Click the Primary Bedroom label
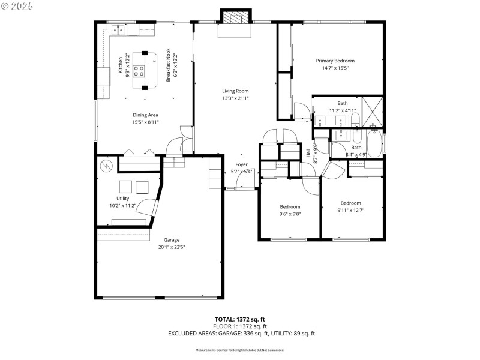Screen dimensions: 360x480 coord(335,61)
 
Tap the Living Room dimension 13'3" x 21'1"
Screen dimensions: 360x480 coord(235,98)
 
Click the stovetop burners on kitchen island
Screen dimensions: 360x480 coord(139,72)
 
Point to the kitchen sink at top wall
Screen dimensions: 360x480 coord(118,28)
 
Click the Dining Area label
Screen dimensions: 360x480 coord(145,115)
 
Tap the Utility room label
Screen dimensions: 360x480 coord(122,198)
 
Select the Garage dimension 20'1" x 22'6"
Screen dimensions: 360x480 coord(171,247)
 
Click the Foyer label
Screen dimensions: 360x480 coord(241,164)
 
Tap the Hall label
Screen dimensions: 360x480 coord(308,154)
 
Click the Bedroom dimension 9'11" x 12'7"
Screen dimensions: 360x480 coord(351,210)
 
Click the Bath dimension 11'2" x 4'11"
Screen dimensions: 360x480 coord(343,110)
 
